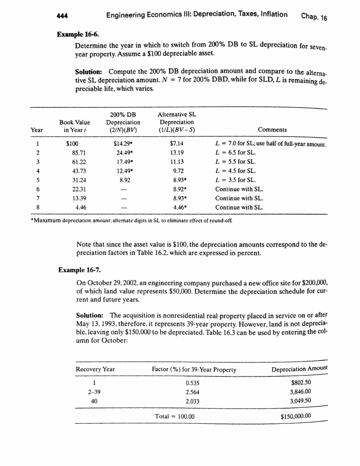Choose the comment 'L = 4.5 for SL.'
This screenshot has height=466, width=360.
[235, 172]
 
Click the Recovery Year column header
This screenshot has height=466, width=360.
[95, 369]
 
